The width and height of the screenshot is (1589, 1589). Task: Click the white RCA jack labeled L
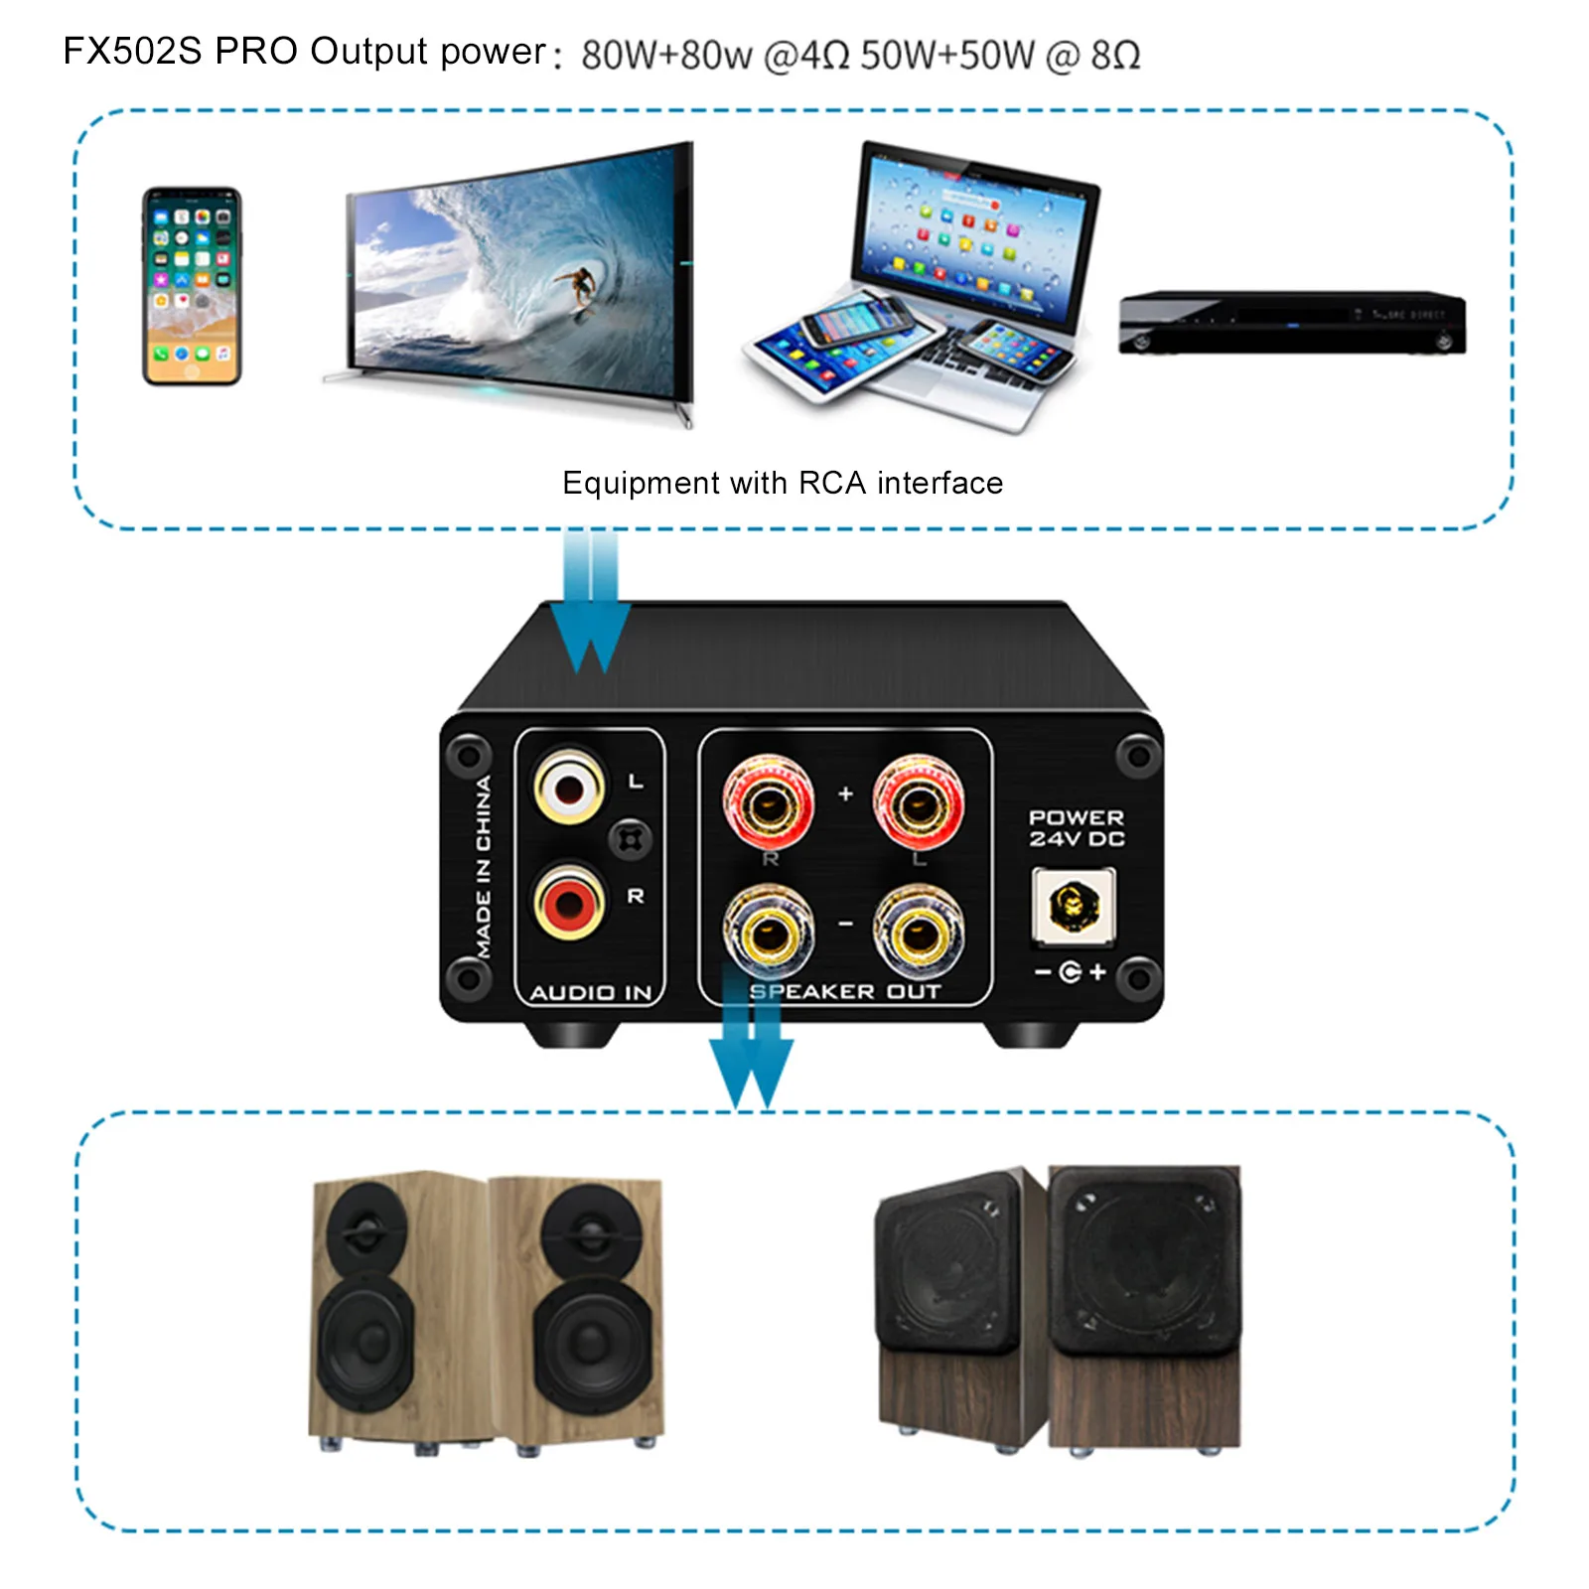pos(569,789)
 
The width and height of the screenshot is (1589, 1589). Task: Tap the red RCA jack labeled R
pos(569,902)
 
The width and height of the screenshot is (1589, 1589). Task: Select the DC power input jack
pos(1073,905)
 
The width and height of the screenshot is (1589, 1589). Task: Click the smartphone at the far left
pos(192,286)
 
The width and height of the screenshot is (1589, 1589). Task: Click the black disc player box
pos(1291,323)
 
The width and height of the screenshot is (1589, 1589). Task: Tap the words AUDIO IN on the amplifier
pos(591,992)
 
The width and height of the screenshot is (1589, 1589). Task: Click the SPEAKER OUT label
pos(844,991)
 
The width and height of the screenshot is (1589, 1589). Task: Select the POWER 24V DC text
pos(1077,828)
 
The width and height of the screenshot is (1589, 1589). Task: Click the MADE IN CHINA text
pos(484,866)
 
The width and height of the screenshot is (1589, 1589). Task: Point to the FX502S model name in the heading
pos(132,52)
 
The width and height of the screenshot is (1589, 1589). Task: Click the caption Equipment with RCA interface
pos(783,483)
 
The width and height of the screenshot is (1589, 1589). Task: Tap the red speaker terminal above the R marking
pos(768,802)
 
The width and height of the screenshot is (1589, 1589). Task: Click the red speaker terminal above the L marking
pos(918,802)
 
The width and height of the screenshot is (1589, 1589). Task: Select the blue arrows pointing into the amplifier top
pos(591,606)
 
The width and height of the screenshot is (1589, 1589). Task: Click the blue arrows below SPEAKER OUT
pos(751,1058)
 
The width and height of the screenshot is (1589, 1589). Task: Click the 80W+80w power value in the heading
pos(666,56)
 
